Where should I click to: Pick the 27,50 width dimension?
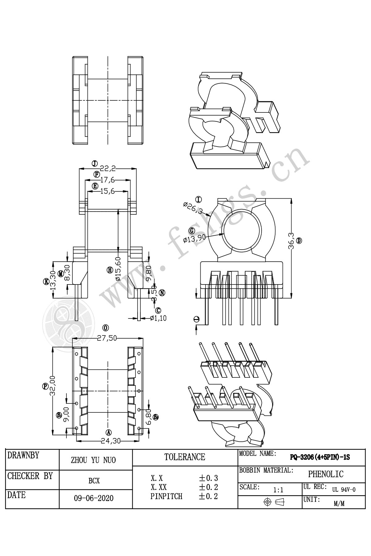click(107, 338)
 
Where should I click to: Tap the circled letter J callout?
click(95, 163)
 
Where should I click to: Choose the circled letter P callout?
click(45, 386)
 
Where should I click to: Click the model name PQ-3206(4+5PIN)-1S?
click(320, 457)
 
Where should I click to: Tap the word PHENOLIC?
click(326, 474)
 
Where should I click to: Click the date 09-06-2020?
click(94, 498)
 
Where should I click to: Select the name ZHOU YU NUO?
click(93, 460)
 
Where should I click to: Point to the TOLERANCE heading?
click(185, 457)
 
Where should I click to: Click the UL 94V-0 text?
click(344, 490)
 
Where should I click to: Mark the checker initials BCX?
click(94, 481)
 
